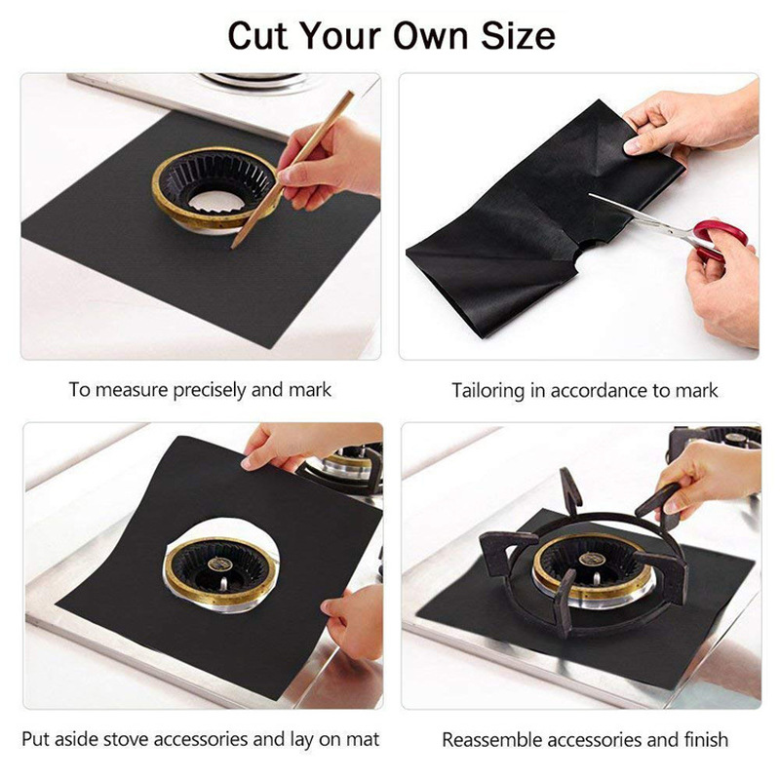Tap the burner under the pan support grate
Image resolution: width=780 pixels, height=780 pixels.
coord(582,566)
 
